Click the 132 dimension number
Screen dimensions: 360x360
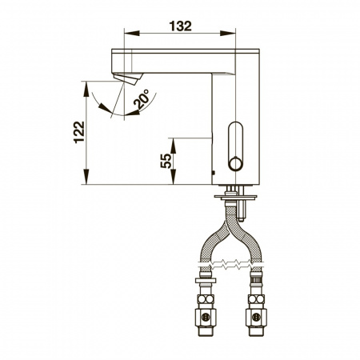click(x=181, y=26)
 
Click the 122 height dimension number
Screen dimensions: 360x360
click(x=79, y=133)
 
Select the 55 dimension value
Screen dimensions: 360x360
click(x=166, y=161)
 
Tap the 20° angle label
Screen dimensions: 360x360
click(x=142, y=99)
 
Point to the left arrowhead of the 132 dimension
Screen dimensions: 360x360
click(x=132, y=34)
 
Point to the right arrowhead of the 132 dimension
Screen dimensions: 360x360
click(x=228, y=34)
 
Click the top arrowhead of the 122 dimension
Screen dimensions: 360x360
click(x=86, y=89)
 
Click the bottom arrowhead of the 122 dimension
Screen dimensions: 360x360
click(x=86, y=177)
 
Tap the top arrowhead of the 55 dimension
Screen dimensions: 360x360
click(x=173, y=146)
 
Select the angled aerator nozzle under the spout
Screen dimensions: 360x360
click(x=128, y=78)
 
